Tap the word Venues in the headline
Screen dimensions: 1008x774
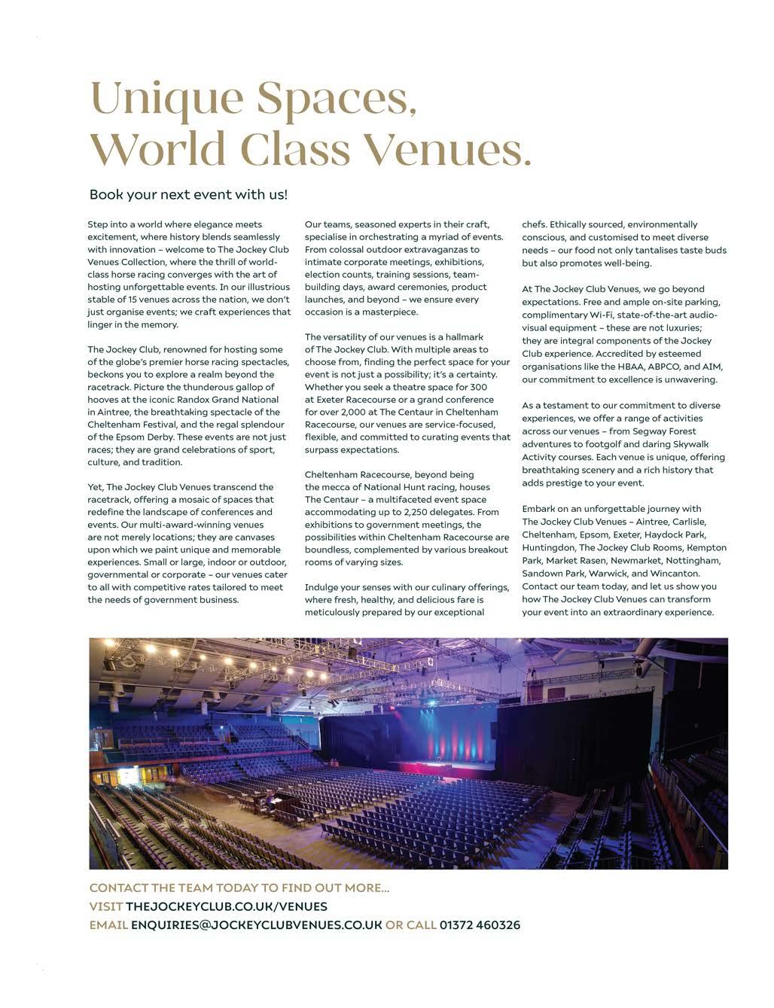tap(452, 148)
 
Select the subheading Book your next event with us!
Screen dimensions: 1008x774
tap(188, 194)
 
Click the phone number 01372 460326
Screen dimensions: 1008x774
tap(480, 924)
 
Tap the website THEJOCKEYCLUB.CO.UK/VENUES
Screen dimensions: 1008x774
tap(227, 906)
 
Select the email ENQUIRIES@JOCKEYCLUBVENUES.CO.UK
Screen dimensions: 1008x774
tap(257, 924)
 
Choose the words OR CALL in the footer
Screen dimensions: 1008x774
tap(410, 924)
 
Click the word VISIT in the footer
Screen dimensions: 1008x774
tap(105, 906)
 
